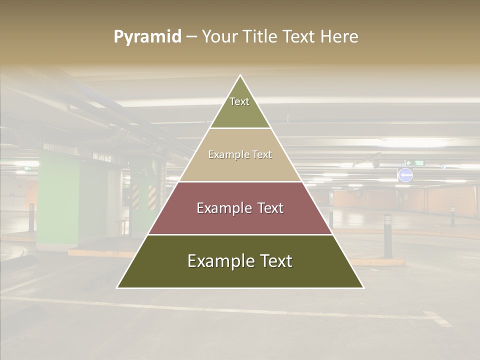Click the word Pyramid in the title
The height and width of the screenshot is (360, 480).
tap(147, 37)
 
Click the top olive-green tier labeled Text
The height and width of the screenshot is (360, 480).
tap(240, 107)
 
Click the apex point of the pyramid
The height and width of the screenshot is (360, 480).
tap(240, 76)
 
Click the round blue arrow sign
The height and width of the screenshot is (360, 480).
tap(405, 175)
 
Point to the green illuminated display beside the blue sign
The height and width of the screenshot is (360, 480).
tap(414, 162)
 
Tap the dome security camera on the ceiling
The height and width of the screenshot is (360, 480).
tap(375, 163)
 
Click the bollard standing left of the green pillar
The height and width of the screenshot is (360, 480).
tap(31, 217)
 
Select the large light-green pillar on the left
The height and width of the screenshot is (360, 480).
tap(58, 202)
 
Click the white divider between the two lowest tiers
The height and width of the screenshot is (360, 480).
tap(240, 234)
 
